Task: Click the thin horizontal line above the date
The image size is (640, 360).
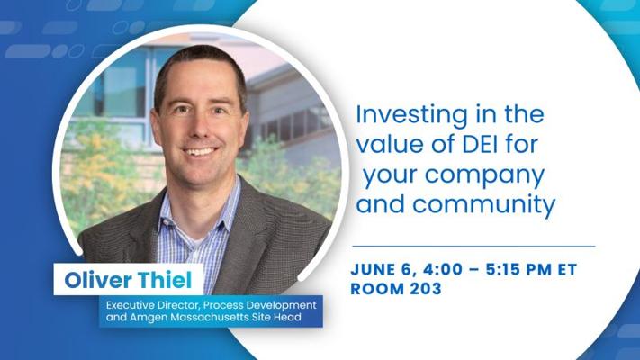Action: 473,245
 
